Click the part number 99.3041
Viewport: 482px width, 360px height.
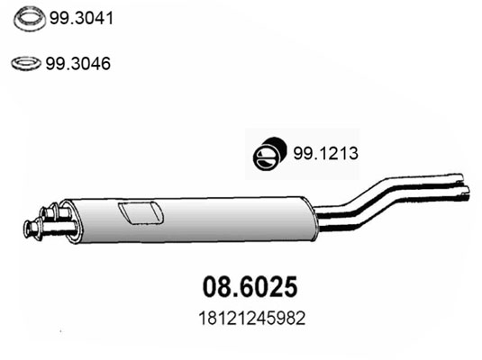[x=81, y=18]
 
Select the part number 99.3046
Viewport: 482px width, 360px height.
[x=78, y=64]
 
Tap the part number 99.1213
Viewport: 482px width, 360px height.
[x=325, y=153]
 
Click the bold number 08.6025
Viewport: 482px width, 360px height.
[x=250, y=286]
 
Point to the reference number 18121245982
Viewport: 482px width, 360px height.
[x=252, y=319]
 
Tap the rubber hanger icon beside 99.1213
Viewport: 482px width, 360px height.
[x=269, y=154]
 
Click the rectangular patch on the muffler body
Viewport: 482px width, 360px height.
[x=141, y=212]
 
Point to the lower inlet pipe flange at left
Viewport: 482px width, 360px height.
[x=29, y=229]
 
